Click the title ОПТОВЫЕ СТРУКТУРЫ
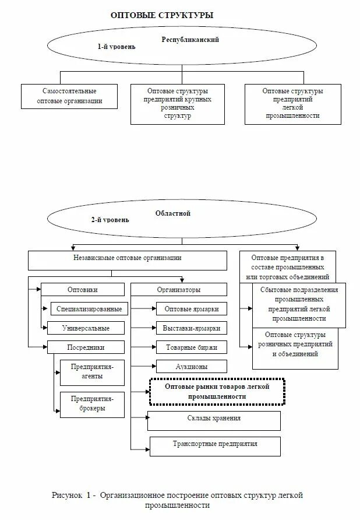(x=162, y=15)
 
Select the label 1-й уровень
(x=116, y=47)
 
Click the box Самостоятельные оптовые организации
(x=69, y=96)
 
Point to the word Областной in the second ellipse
(x=173, y=213)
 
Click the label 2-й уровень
(x=110, y=220)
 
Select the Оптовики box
(x=83, y=289)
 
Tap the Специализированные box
(x=89, y=308)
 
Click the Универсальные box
(x=86, y=328)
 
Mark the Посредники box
(x=85, y=347)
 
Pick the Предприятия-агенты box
(x=92, y=371)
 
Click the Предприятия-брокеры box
(x=92, y=403)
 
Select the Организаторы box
(x=179, y=289)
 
